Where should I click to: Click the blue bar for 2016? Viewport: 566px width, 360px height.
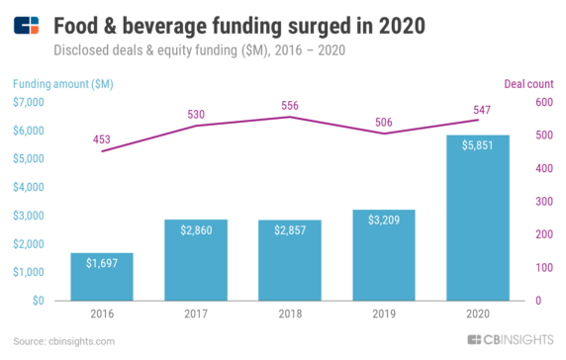[x=102, y=276]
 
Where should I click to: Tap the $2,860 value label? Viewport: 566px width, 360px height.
[x=196, y=229]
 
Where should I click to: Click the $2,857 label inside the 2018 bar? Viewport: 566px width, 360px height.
[x=290, y=229]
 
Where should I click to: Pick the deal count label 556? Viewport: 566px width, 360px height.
[x=291, y=105]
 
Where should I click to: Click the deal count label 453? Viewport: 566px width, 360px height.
[x=103, y=139]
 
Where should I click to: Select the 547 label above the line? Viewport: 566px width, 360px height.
[x=477, y=108]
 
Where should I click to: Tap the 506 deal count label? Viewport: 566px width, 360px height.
[x=384, y=122]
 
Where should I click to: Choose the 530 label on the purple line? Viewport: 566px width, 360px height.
[x=197, y=114]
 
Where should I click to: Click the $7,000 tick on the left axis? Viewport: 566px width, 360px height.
[x=30, y=103]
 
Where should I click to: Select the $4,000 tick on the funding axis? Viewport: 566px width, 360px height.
[x=30, y=187]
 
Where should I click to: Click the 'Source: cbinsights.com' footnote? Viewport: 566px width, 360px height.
[x=64, y=341]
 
